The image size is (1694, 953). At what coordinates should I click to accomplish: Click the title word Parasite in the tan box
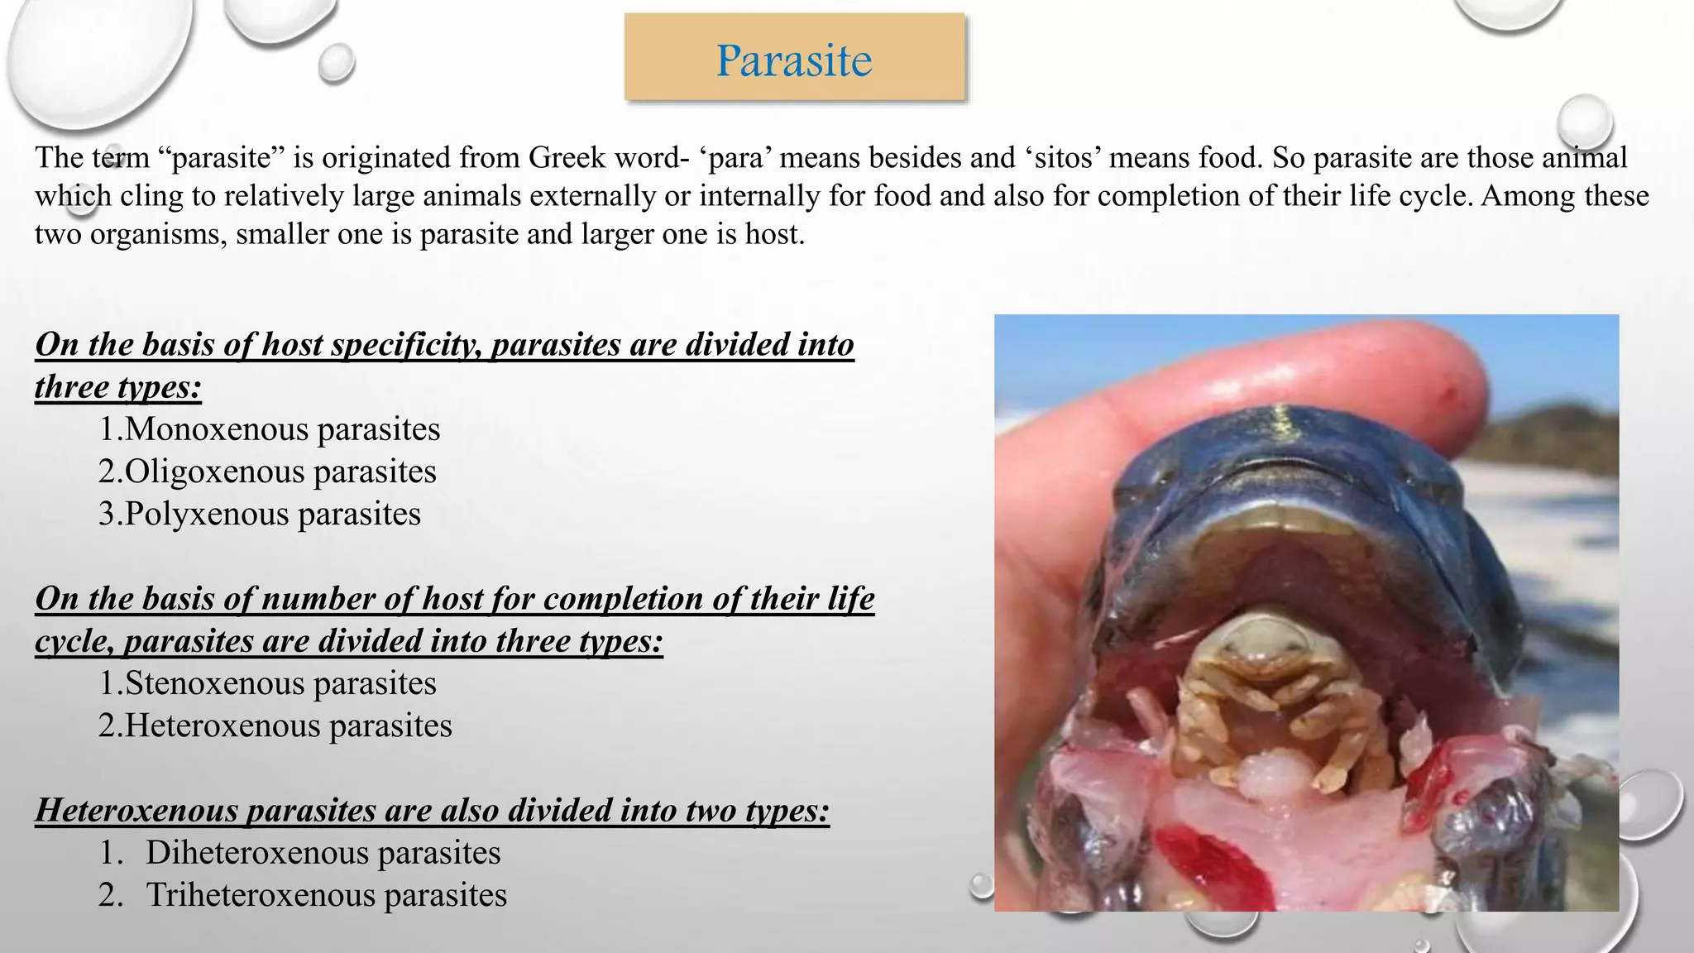[x=794, y=60]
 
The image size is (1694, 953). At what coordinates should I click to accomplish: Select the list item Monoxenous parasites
[x=269, y=429]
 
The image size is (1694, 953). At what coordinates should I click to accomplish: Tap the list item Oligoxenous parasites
[x=267, y=472]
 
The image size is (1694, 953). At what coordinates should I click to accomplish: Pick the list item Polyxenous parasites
[x=260, y=514]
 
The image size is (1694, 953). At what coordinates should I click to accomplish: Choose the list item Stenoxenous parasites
[x=267, y=683]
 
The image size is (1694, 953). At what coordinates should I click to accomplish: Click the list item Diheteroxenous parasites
[x=323, y=853]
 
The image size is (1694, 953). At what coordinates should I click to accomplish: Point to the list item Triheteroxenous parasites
[x=326, y=895]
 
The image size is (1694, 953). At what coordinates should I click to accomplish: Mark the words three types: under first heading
[x=118, y=387]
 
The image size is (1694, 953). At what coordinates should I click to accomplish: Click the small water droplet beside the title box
[x=336, y=64]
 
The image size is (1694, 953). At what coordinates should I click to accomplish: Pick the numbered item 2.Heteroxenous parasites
[x=275, y=726]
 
